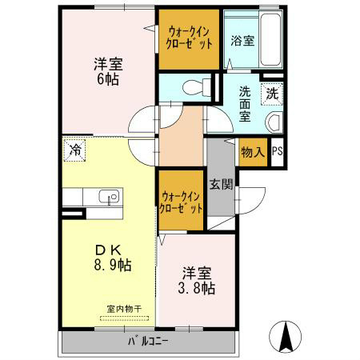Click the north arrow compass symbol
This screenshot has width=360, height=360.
pos(286,335)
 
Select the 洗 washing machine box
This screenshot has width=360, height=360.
pos(272,93)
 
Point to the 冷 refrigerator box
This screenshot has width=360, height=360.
pos(74,150)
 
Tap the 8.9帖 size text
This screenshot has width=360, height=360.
pos(110,265)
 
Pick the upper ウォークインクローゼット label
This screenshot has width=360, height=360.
pos(190,38)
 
